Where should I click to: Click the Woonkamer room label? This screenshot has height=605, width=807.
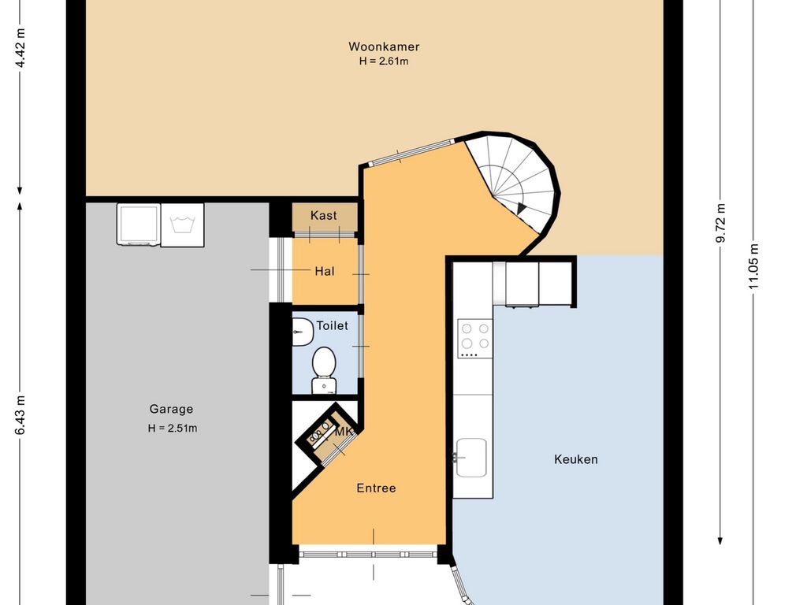(384, 46)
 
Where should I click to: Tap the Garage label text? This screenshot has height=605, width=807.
(171, 410)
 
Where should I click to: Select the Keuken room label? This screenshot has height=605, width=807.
(576, 459)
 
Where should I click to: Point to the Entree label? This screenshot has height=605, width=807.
(376, 488)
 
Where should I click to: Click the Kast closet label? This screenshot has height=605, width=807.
(324, 216)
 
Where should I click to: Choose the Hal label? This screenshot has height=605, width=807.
(325, 271)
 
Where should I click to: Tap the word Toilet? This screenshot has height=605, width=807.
(332, 325)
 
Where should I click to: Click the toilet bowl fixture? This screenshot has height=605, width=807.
(324, 370)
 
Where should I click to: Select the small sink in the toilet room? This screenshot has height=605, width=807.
(302, 332)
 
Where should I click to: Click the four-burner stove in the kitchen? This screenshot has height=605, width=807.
(475, 338)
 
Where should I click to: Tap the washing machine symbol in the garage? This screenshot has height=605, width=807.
(182, 225)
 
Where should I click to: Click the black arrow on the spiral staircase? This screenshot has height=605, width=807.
(522, 208)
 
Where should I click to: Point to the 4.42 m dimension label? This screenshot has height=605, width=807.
(20, 48)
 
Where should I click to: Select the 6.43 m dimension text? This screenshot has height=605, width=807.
(20, 414)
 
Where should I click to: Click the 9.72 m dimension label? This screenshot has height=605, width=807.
(721, 223)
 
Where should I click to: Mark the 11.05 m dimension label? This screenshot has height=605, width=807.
(754, 266)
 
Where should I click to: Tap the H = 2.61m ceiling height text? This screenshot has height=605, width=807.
(384, 61)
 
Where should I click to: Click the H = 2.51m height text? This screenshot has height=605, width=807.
(173, 428)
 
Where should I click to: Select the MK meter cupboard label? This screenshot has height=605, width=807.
(344, 432)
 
